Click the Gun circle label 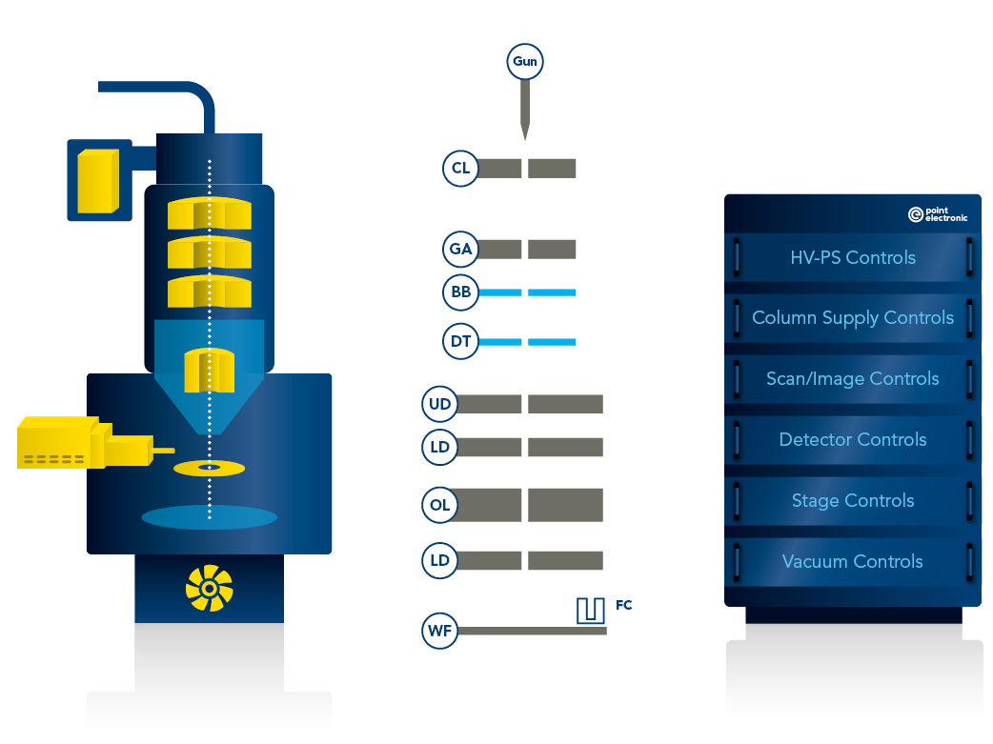pyautogui.click(x=525, y=63)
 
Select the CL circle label pyautogui.click(x=461, y=169)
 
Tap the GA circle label pyautogui.click(x=461, y=250)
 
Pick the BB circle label pyautogui.click(x=461, y=292)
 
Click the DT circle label pyautogui.click(x=461, y=342)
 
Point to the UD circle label pyautogui.click(x=440, y=404)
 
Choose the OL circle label pyautogui.click(x=440, y=505)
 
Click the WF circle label pyautogui.click(x=440, y=631)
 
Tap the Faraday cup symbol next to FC pyautogui.click(x=591, y=611)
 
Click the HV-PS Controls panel pyautogui.click(x=853, y=257)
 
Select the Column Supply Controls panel pyautogui.click(x=853, y=318)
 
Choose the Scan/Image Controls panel pyautogui.click(x=853, y=379)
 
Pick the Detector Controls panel pyautogui.click(x=853, y=440)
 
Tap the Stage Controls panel pyautogui.click(x=853, y=501)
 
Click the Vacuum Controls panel pyautogui.click(x=853, y=562)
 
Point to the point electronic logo pyautogui.click(x=938, y=215)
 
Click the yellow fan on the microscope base pyautogui.click(x=209, y=588)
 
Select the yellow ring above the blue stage pyautogui.click(x=211, y=468)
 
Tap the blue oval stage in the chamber pyautogui.click(x=210, y=517)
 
